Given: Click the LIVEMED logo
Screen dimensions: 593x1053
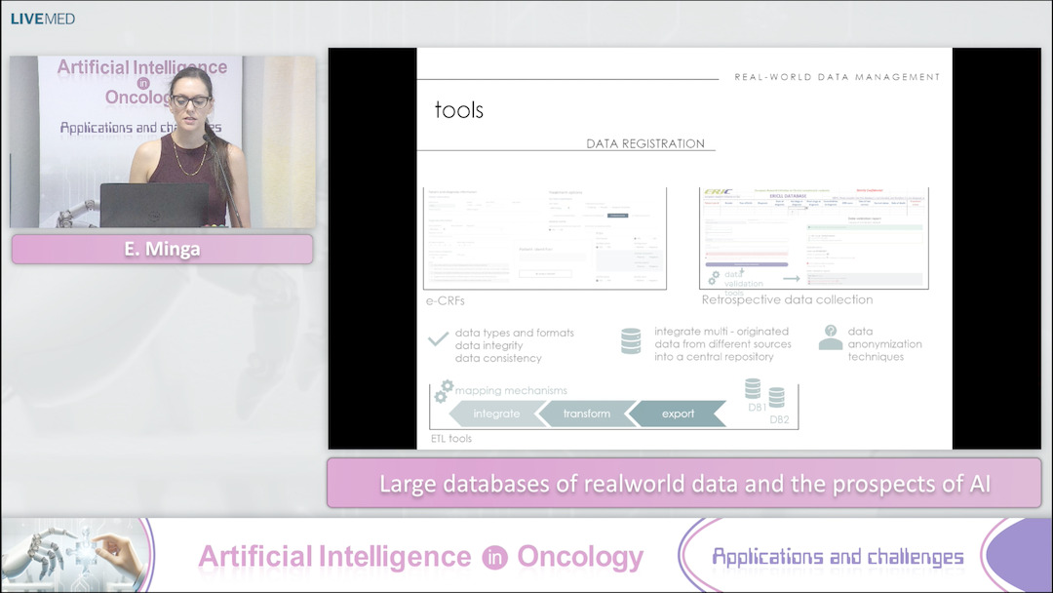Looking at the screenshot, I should tap(43, 19).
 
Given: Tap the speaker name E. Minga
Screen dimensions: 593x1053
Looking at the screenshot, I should tap(162, 249).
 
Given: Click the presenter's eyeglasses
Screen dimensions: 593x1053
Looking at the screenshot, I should tap(190, 100).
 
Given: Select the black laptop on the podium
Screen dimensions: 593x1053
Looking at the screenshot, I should tap(154, 205).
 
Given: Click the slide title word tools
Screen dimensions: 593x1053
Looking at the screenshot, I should tap(458, 110).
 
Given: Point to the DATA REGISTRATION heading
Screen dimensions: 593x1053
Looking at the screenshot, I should tap(644, 143).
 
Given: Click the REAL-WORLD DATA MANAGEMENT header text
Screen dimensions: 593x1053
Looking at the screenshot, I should tap(837, 76).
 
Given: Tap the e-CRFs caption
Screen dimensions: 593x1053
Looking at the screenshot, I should tap(446, 300).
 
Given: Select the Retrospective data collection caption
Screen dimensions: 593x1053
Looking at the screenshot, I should tap(787, 299).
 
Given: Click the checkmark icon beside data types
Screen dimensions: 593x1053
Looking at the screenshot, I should tap(438, 340).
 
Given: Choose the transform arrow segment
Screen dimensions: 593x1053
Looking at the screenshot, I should tap(586, 414).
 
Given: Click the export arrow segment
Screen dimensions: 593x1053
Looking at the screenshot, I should tap(678, 414).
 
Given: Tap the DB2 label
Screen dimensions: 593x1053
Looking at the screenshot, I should tap(779, 420).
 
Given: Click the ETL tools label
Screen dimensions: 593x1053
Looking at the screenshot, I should tap(451, 439).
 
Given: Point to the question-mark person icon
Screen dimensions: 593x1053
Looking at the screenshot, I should tap(830, 337).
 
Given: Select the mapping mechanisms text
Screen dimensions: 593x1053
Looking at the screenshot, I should tap(511, 390).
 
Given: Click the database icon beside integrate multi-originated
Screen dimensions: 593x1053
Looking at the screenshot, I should tap(631, 340).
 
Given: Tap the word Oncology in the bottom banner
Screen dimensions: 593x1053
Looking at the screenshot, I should tap(579, 557).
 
